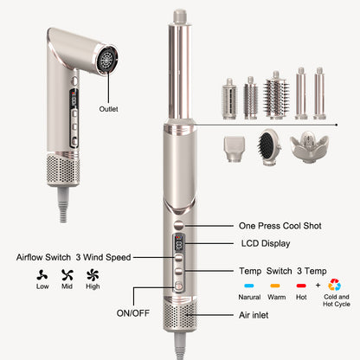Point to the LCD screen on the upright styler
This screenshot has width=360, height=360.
[178, 247]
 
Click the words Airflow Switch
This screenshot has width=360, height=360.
[44, 257]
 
